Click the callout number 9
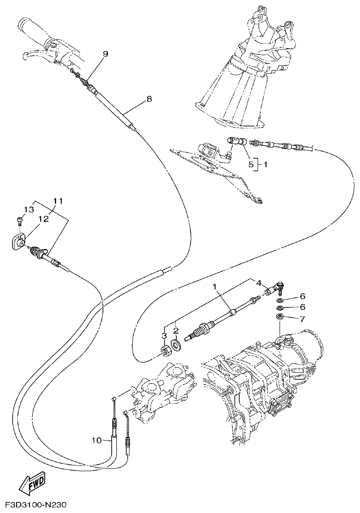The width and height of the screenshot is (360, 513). click(106, 54)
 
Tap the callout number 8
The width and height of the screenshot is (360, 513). click(149, 99)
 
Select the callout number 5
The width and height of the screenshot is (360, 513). click(251, 164)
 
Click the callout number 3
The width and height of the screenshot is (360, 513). click(165, 335)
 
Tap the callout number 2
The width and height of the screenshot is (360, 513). click(176, 331)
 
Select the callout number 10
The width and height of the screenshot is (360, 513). click(96, 440)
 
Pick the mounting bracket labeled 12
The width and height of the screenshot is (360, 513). click(18, 242)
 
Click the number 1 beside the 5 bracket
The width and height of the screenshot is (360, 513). click(266, 164)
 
